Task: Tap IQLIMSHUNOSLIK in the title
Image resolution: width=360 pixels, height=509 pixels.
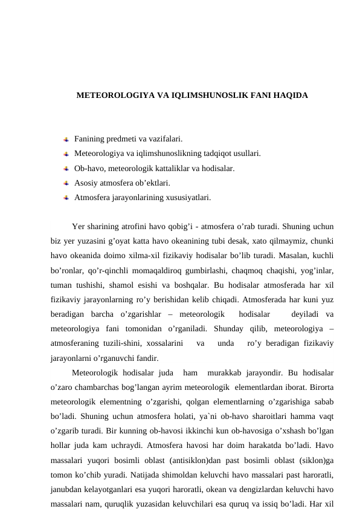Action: pyautogui.click(x=206, y=96)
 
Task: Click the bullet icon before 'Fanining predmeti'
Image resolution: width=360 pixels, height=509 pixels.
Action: pyautogui.click(x=66, y=139)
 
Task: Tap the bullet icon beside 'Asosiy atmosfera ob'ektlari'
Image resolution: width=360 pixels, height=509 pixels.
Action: pyautogui.click(x=66, y=183)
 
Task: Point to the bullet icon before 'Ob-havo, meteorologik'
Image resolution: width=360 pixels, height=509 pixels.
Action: pyautogui.click(x=66, y=168)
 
